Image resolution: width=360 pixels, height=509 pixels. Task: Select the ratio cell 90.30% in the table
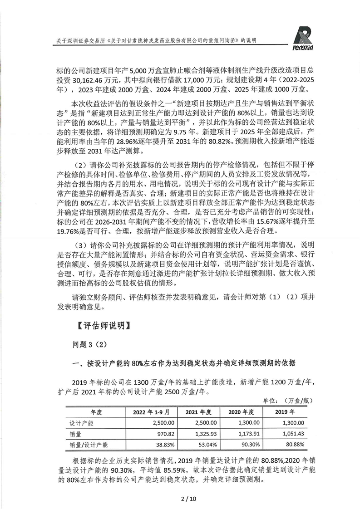(252, 445)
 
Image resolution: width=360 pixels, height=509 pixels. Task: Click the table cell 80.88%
(295, 445)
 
